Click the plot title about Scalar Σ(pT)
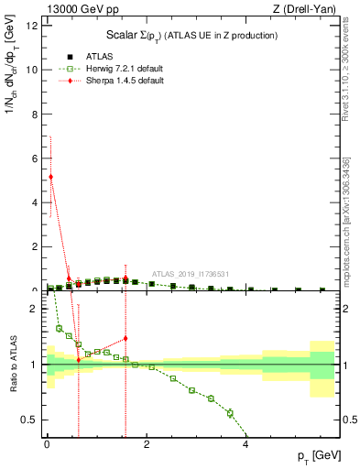click(x=193, y=35)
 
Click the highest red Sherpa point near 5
click(x=51, y=177)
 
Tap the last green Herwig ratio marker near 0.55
click(x=230, y=413)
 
